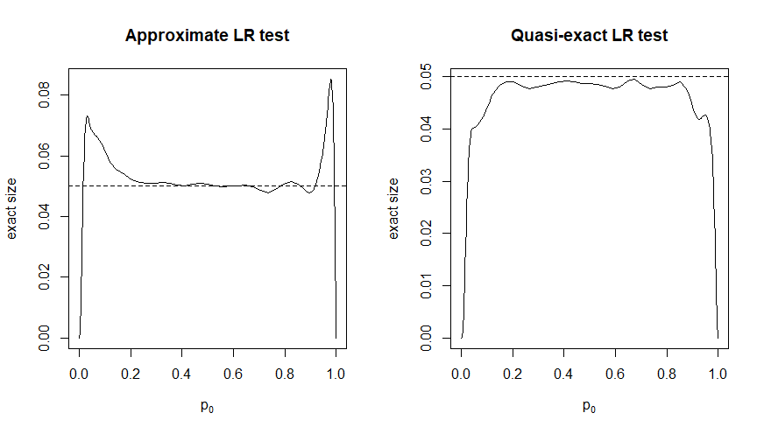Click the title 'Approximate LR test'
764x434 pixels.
pyautogui.click(x=207, y=36)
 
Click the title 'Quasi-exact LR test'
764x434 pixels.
pyautogui.click(x=590, y=36)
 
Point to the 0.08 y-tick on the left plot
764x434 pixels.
pyautogui.click(x=43, y=94)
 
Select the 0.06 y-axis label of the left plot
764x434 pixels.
pyautogui.click(x=43, y=156)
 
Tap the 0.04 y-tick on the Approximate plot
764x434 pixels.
pyautogui.click(x=43, y=216)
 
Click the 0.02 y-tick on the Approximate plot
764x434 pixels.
pyautogui.click(x=43, y=277)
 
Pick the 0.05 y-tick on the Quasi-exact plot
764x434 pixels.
pyautogui.click(x=426, y=77)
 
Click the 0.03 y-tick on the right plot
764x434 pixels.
pyautogui.click(x=426, y=181)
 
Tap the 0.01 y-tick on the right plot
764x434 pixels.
pyautogui.click(x=426, y=285)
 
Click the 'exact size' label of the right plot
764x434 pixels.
pyautogui.click(x=395, y=208)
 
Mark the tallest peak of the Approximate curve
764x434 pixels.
pyautogui.click(x=330, y=80)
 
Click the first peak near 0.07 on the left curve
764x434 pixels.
pyautogui.click(x=87, y=116)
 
